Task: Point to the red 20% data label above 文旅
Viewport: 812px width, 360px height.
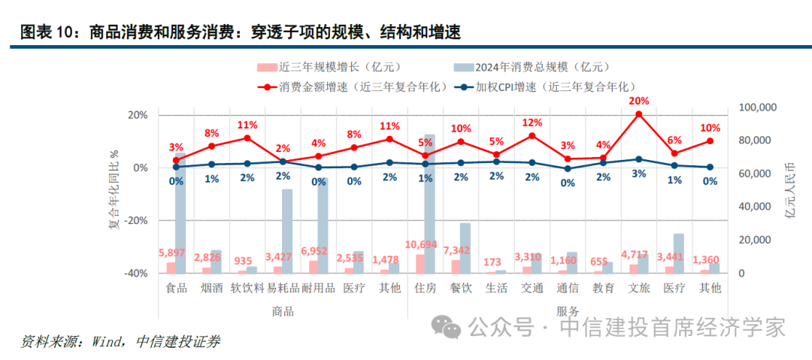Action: (x=638, y=101)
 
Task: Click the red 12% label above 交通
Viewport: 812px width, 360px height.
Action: (x=532, y=123)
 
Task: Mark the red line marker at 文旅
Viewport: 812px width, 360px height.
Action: (x=638, y=114)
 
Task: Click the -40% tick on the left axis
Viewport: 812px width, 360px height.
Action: (x=136, y=274)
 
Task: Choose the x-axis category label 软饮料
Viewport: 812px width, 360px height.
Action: (x=247, y=288)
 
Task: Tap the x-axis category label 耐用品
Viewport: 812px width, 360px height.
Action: (x=318, y=288)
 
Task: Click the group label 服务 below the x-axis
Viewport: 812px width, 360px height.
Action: (x=568, y=311)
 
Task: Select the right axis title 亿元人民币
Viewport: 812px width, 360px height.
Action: (x=790, y=190)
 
